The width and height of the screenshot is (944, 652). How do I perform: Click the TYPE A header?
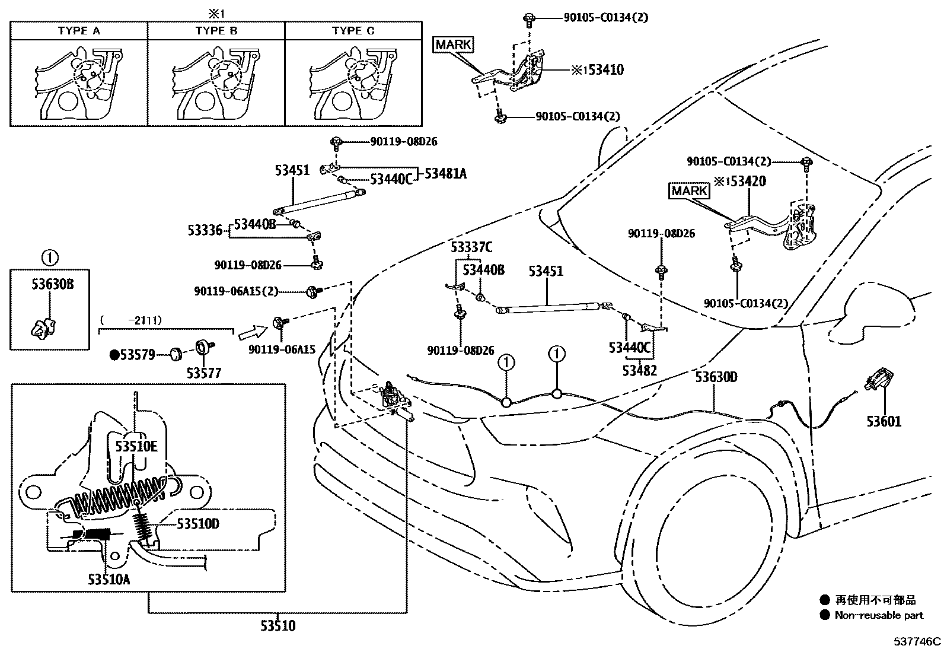[79, 31]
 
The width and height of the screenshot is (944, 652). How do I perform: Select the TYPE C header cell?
[353, 31]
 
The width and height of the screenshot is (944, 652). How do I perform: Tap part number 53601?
[884, 422]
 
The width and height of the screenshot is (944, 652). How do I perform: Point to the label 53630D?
[716, 377]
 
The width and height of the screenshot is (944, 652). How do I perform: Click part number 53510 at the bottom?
[278, 625]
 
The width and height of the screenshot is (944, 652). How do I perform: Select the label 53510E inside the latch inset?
[136, 447]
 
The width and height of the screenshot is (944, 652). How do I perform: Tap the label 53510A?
[109, 579]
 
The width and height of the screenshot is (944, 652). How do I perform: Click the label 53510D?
[198, 523]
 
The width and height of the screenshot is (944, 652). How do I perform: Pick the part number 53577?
[203, 373]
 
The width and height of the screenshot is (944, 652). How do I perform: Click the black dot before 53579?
[114, 355]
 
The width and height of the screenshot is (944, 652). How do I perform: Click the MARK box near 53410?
[454, 44]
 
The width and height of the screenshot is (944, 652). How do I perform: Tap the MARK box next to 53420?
[689, 191]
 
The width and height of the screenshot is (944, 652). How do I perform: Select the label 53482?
[639, 371]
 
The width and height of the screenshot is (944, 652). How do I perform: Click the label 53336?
[205, 230]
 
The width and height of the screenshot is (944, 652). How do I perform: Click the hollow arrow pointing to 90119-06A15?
[253, 332]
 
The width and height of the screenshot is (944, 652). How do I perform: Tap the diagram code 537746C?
[918, 641]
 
